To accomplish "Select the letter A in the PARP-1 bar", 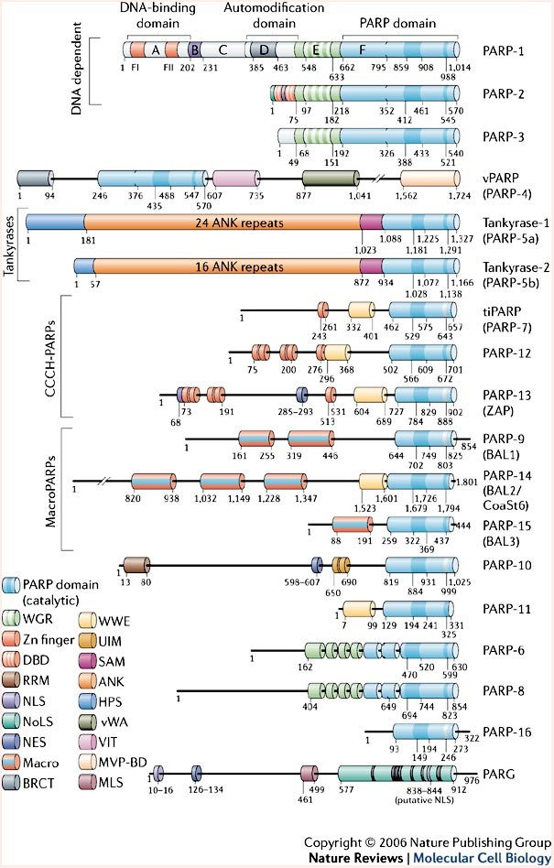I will click(x=156, y=51).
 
